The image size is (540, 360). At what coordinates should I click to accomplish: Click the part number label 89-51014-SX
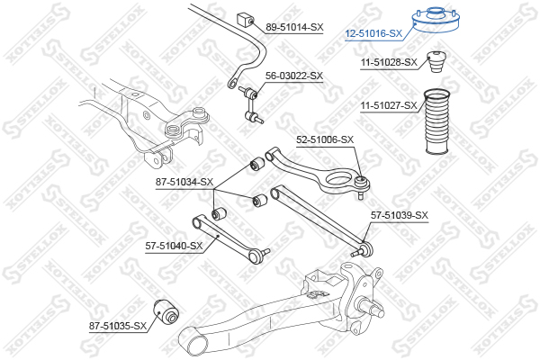tap(294, 27)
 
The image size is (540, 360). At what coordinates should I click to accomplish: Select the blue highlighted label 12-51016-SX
tap(373, 33)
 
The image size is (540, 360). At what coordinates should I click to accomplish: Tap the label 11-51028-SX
tap(389, 62)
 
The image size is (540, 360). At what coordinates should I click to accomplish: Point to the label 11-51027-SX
tap(389, 105)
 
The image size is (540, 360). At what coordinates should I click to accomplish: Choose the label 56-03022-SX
tap(294, 76)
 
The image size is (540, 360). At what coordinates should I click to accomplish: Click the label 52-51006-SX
tap(325, 139)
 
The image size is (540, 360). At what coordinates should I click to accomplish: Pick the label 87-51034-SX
tap(184, 182)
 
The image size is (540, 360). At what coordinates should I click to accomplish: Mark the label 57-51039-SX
tap(400, 215)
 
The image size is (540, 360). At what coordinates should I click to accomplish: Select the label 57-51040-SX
tap(174, 246)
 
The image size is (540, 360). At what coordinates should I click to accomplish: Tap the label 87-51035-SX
tap(118, 326)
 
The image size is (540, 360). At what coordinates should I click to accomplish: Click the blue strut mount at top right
tap(436, 19)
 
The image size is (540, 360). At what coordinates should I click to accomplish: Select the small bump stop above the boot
tap(436, 61)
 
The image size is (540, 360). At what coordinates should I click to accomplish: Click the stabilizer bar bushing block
tap(245, 19)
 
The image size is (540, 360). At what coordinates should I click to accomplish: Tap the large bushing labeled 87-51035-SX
tap(166, 311)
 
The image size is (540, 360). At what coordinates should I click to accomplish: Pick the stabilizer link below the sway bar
tap(252, 104)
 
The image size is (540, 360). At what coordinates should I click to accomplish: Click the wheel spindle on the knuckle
tap(373, 308)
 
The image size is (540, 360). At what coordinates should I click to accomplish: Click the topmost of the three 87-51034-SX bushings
tap(256, 164)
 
